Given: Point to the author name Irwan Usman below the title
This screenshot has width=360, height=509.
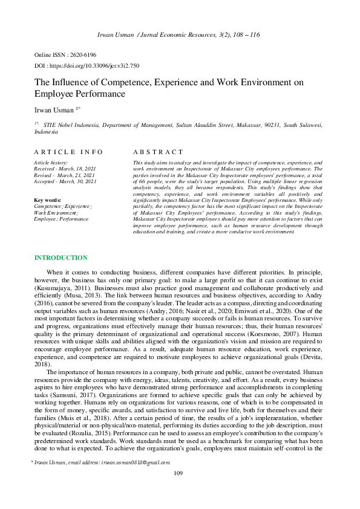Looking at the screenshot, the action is click(x=52, y=110).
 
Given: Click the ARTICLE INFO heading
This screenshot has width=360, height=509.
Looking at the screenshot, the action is click(x=68, y=152).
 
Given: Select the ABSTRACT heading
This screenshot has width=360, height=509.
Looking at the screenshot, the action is click(x=157, y=152).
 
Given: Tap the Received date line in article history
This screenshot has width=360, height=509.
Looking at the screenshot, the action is click(x=65, y=169).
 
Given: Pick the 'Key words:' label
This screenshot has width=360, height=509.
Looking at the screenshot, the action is click(x=48, y=199).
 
